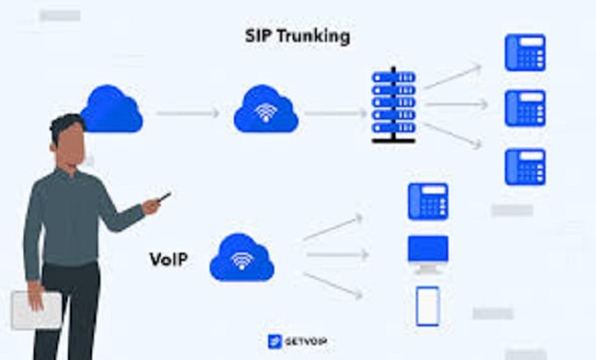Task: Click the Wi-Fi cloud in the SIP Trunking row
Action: coord(266,110)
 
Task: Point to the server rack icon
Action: coord(392,106)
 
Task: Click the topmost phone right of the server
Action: coord(524,53)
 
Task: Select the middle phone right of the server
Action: coord(524,108)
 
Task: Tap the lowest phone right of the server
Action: coord(524,166)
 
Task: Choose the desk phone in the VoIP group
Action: coord(427,201)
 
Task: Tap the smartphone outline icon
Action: coord(427,306)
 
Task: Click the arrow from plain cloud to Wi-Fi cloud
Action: coord(188,112)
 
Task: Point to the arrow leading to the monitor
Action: coord(337,255)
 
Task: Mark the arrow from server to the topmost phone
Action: coord(452,77)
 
